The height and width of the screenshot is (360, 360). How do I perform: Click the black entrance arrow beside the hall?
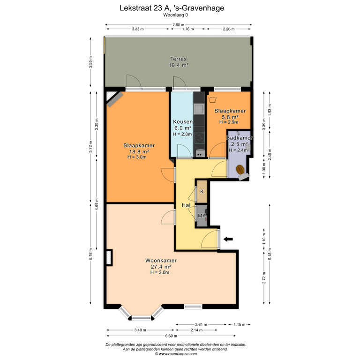coord(228,239)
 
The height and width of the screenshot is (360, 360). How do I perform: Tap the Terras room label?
coord(179,59)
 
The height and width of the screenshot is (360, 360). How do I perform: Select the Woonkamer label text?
coord(161,261)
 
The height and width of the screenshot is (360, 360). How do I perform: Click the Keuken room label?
coord(183,121)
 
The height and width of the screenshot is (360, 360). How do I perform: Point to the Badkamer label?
coord(240,138)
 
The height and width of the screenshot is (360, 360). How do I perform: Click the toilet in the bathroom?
coord(240,170)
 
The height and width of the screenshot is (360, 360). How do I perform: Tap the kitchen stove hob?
coord(200,138)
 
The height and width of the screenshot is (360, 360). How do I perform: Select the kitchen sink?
coord(199,109)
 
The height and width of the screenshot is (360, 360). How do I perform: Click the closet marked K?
coord(202,191)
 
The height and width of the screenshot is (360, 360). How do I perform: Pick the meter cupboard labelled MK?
coord(202,216)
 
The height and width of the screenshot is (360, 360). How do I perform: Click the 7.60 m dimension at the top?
coord(179,25)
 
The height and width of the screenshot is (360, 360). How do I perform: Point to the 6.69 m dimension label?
coord(171,336)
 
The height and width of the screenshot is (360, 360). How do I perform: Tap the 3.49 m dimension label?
coord(140,330)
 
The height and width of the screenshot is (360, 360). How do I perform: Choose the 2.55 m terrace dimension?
coord(90,62)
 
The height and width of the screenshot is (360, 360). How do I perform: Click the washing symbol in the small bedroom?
coord(212,100)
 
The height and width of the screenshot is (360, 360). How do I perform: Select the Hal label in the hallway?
coord(186,205)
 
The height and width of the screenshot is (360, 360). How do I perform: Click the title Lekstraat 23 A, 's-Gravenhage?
coord(172,8)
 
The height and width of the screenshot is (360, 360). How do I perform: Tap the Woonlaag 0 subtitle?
coord(175,15)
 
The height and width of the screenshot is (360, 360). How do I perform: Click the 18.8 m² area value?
coord(139,151)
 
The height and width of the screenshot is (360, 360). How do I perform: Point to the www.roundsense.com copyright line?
coord(176,354)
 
